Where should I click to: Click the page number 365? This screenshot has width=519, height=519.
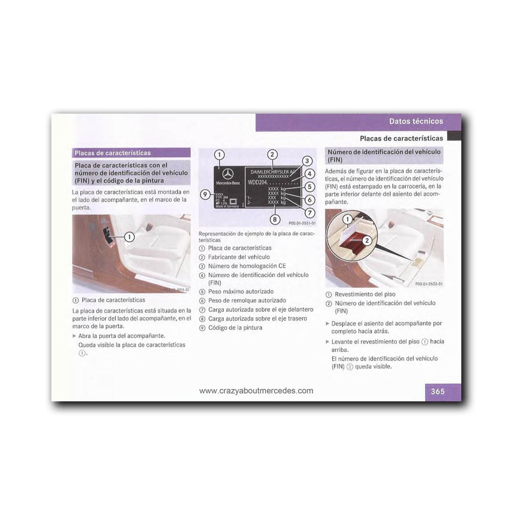[438, 392]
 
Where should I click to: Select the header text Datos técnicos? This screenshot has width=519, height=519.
[416, 121]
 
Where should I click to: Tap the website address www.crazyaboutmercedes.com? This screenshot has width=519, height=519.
[256, 390]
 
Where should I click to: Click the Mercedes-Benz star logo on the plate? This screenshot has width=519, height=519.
[227, 174]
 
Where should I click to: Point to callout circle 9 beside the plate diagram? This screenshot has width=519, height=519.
[205, 194]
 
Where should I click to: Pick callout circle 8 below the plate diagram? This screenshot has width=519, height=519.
[275, 219]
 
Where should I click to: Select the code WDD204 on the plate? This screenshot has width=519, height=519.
[258, 182]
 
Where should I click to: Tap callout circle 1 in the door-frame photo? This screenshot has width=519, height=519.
[129, 236]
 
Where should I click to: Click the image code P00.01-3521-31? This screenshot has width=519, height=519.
[302, 223]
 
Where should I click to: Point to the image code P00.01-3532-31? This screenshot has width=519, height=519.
[428, 283]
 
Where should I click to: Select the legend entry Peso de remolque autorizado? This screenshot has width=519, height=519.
[246, 300]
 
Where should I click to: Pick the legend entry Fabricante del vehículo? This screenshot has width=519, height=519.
[238, 257]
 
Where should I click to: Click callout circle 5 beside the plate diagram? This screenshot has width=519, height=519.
[309, 187]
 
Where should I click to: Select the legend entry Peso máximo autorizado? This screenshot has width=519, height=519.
[240, 292]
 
